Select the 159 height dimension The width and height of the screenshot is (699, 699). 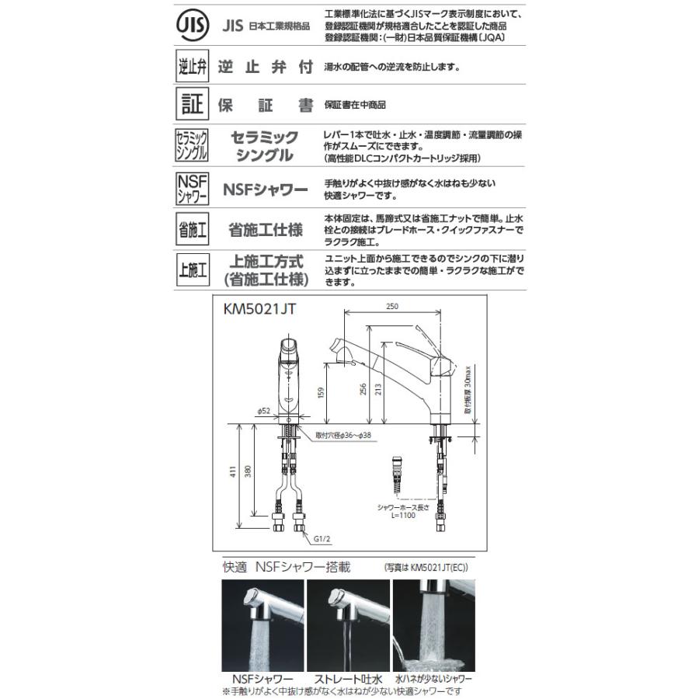click(320, 392)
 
